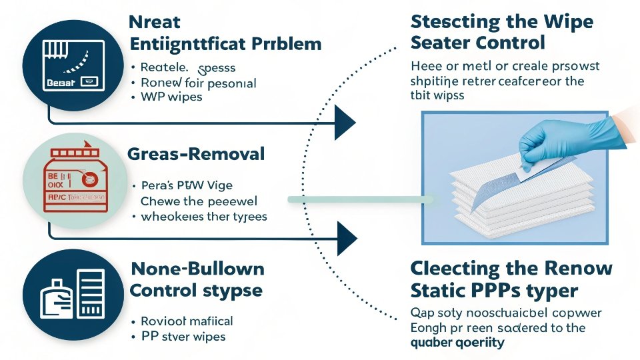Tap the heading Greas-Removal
click(195, 155)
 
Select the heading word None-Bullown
click(197, 269)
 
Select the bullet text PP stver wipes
click(184, 336)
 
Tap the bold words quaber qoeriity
click(457, 343)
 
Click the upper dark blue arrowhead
click(345, 124)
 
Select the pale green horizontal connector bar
click(360, 199)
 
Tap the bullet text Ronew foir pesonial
click(198, 83)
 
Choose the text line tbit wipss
click(437, 95)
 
